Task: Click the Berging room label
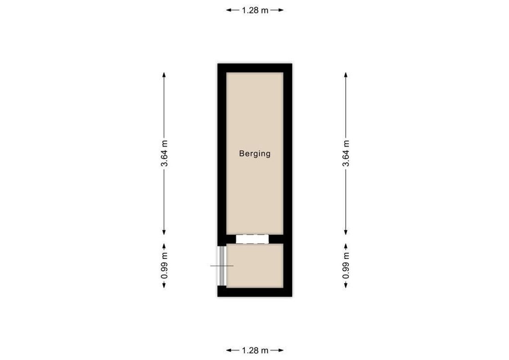click(x=255, y=153)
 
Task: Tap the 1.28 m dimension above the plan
click(x=255, y=10)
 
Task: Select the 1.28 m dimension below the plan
click(x=255, y=350)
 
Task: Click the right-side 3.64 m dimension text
click(x=346, y=153)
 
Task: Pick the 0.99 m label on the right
click(x=346, y=266)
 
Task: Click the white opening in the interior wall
click(x=252, y=239)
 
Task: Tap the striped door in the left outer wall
click(x=221, y=266)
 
